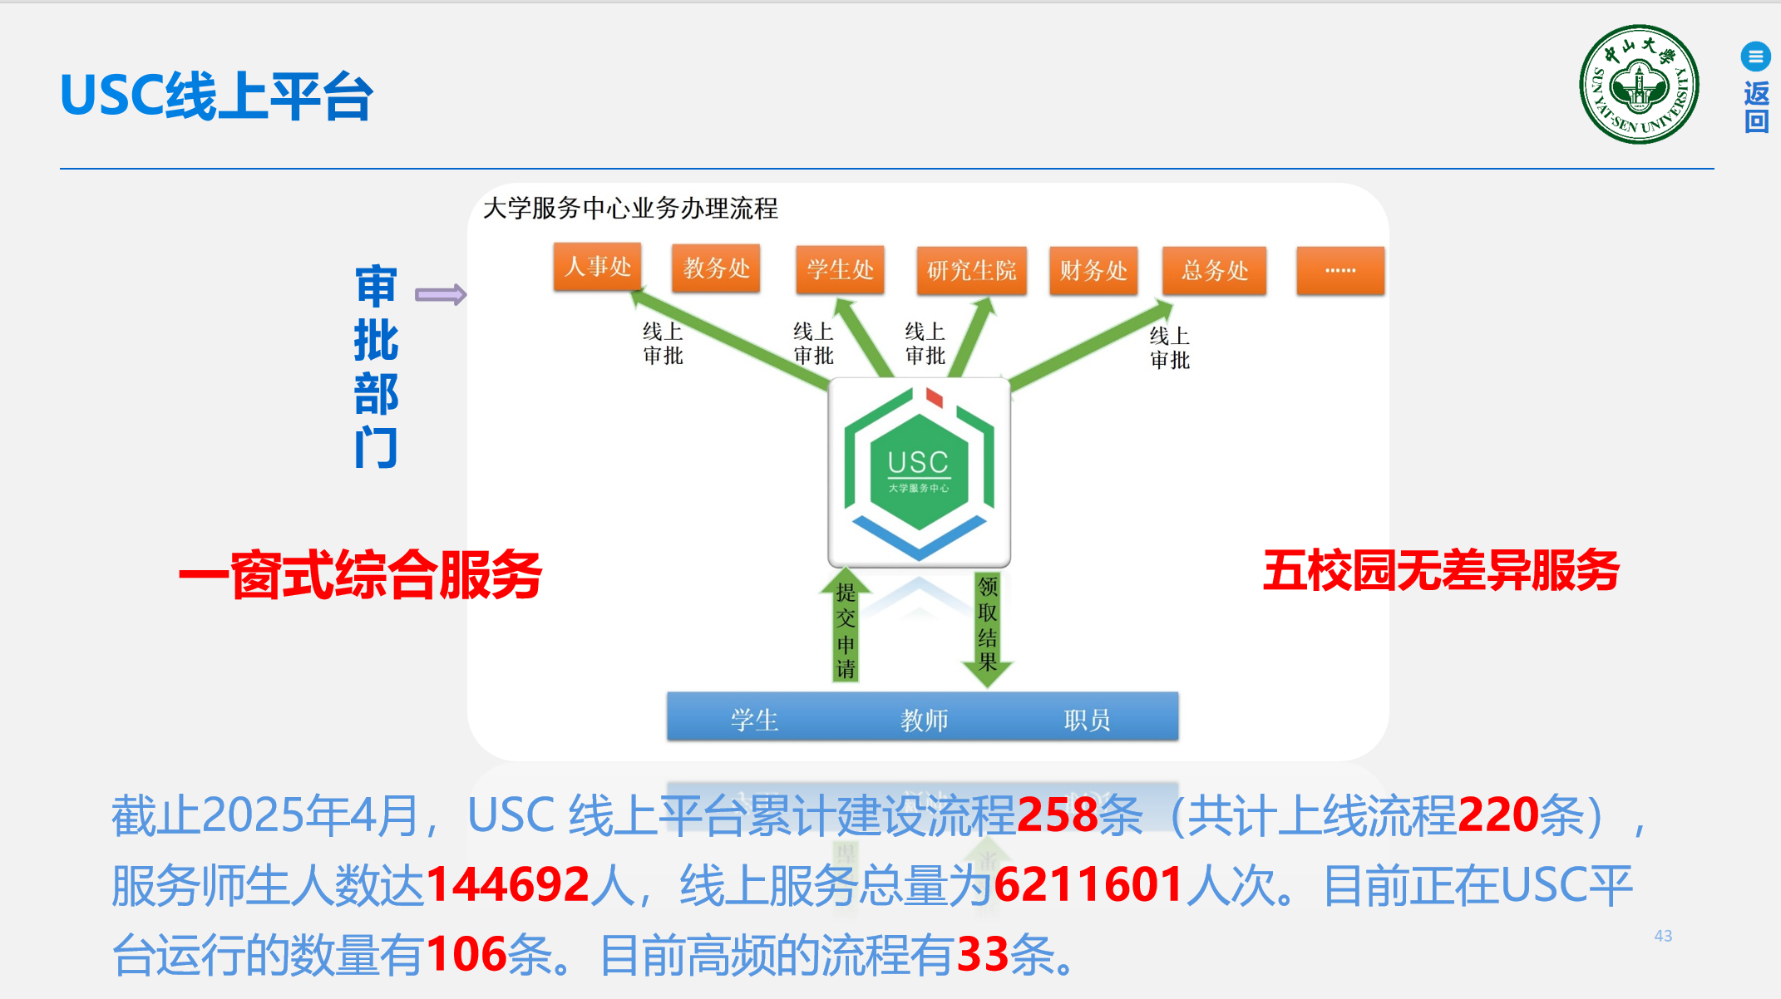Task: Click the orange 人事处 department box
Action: click(x=597, y=267)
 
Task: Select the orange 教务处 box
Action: click(x=716, y=268)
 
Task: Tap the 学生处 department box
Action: click(x=840, y=270)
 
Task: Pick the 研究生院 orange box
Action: click(x=971, y=271)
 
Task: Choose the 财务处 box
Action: click(x=1093, y=271)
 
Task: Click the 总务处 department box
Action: click(x=1215, y=271)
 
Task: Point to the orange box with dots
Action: click(x=1340, y=271)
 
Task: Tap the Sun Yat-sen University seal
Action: click(x=1639, y=85)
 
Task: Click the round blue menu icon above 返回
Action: click(x=1755, y=57)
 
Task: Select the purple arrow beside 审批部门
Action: click(x=441, y=294)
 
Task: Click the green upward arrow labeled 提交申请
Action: click(x=846, y=627)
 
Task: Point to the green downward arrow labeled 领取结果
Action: click(x=987, y=627)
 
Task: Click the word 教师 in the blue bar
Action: click(x=924, y=720)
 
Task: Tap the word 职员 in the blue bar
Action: click(x=1087, y=720)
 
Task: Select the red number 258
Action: click(x=1057, y=815)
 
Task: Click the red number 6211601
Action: click(x=1088, y=885)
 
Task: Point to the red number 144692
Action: click(x=507, y=885)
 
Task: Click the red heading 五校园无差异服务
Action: click(x=1441, y=571)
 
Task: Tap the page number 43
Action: click(x=1663, y=936)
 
